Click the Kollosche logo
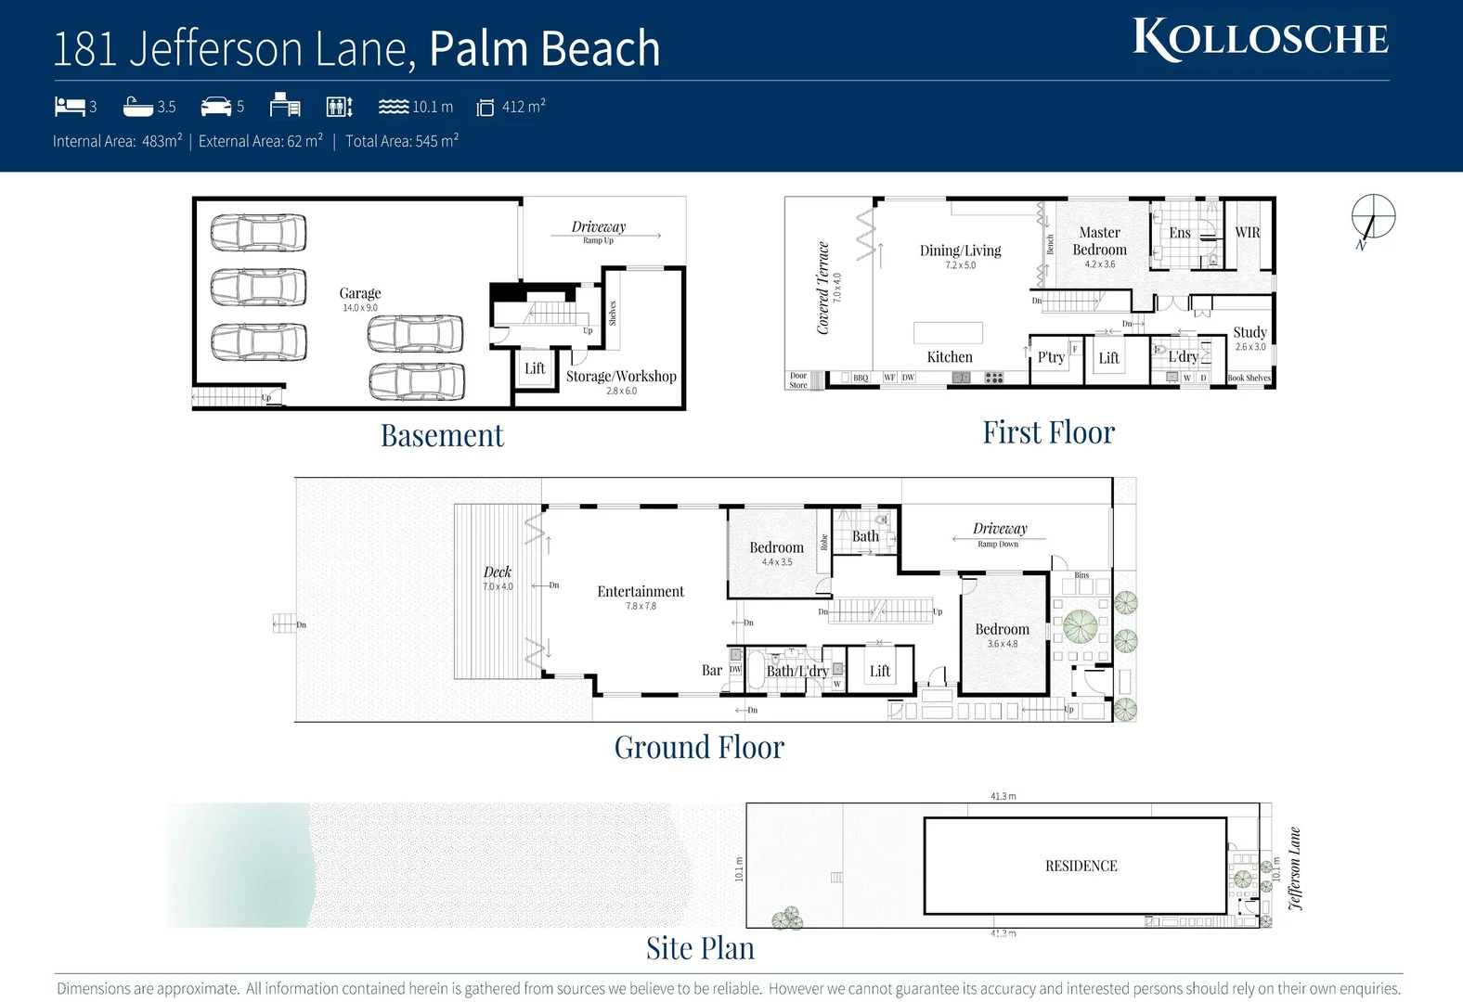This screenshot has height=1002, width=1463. pos(1260,40)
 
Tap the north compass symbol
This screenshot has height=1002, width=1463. pos(1372,218)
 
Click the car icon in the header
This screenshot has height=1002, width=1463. pos(215,106)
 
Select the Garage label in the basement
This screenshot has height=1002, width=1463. pos(360,293)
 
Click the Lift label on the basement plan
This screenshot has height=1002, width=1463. pos(535,368)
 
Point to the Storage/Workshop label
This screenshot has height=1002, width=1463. pos(621,377)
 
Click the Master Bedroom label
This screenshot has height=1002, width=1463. pos(1099,241)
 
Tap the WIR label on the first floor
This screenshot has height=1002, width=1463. pos(1247,233)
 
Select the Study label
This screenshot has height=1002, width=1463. pos(1249,332)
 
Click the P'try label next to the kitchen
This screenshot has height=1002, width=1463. pos(1051,357)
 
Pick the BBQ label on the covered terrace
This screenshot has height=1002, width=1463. pos(861,378)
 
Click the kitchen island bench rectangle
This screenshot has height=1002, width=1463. pos(948,332)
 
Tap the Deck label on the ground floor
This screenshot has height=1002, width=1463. pos(498,572)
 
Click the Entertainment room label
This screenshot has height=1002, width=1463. pos(641,592)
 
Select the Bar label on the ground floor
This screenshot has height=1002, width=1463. pos(712,670)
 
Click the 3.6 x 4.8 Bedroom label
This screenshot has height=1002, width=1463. pos(1002,630)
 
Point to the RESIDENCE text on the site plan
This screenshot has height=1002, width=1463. pos(1081,866)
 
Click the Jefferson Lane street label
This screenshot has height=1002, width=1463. pos(1295,868)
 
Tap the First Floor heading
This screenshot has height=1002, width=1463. pos(1048,432)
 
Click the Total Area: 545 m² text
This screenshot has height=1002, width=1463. pos(402,141)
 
